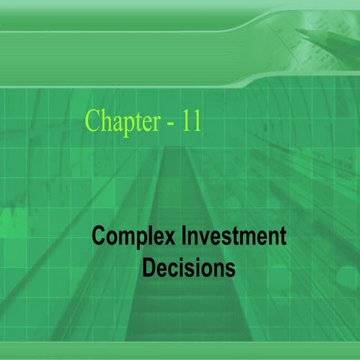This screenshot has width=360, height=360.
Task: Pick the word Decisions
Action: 188,267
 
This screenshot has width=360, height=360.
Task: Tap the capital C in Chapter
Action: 93,120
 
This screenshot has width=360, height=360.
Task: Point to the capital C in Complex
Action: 98,238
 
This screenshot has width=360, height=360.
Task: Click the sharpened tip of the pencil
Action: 298,31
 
